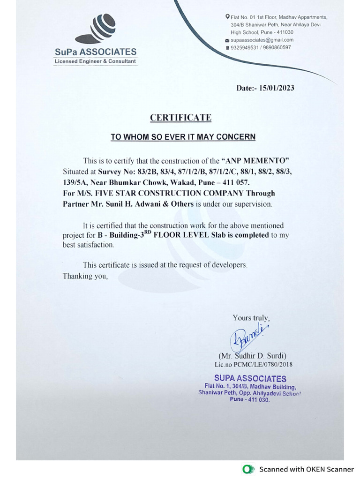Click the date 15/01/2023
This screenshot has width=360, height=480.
[277, 88]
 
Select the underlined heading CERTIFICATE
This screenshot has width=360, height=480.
[180, 118]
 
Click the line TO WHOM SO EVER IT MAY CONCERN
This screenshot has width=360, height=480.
[183, 137]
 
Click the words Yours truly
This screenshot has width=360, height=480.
[251, 318]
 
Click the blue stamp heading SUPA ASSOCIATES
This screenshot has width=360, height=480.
[250, 378]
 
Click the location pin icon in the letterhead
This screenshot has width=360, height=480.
[227, 17]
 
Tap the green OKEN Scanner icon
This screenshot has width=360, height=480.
[247, 469]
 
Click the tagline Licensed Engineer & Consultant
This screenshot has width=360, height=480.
[96, 61]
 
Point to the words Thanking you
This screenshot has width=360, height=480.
[85, 276]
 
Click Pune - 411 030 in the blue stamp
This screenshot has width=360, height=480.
[250, 399]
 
